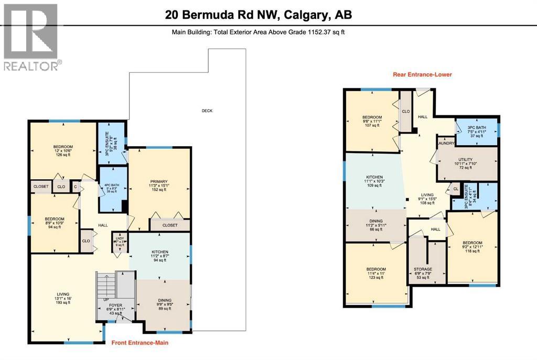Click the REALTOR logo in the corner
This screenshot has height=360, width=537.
pyautogui.click(x=31, y=37)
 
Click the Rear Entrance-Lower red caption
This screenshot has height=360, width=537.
pyautogui.click(x=422, y=74)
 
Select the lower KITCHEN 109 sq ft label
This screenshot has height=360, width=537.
pyautogui.click(x=374, y=181)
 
